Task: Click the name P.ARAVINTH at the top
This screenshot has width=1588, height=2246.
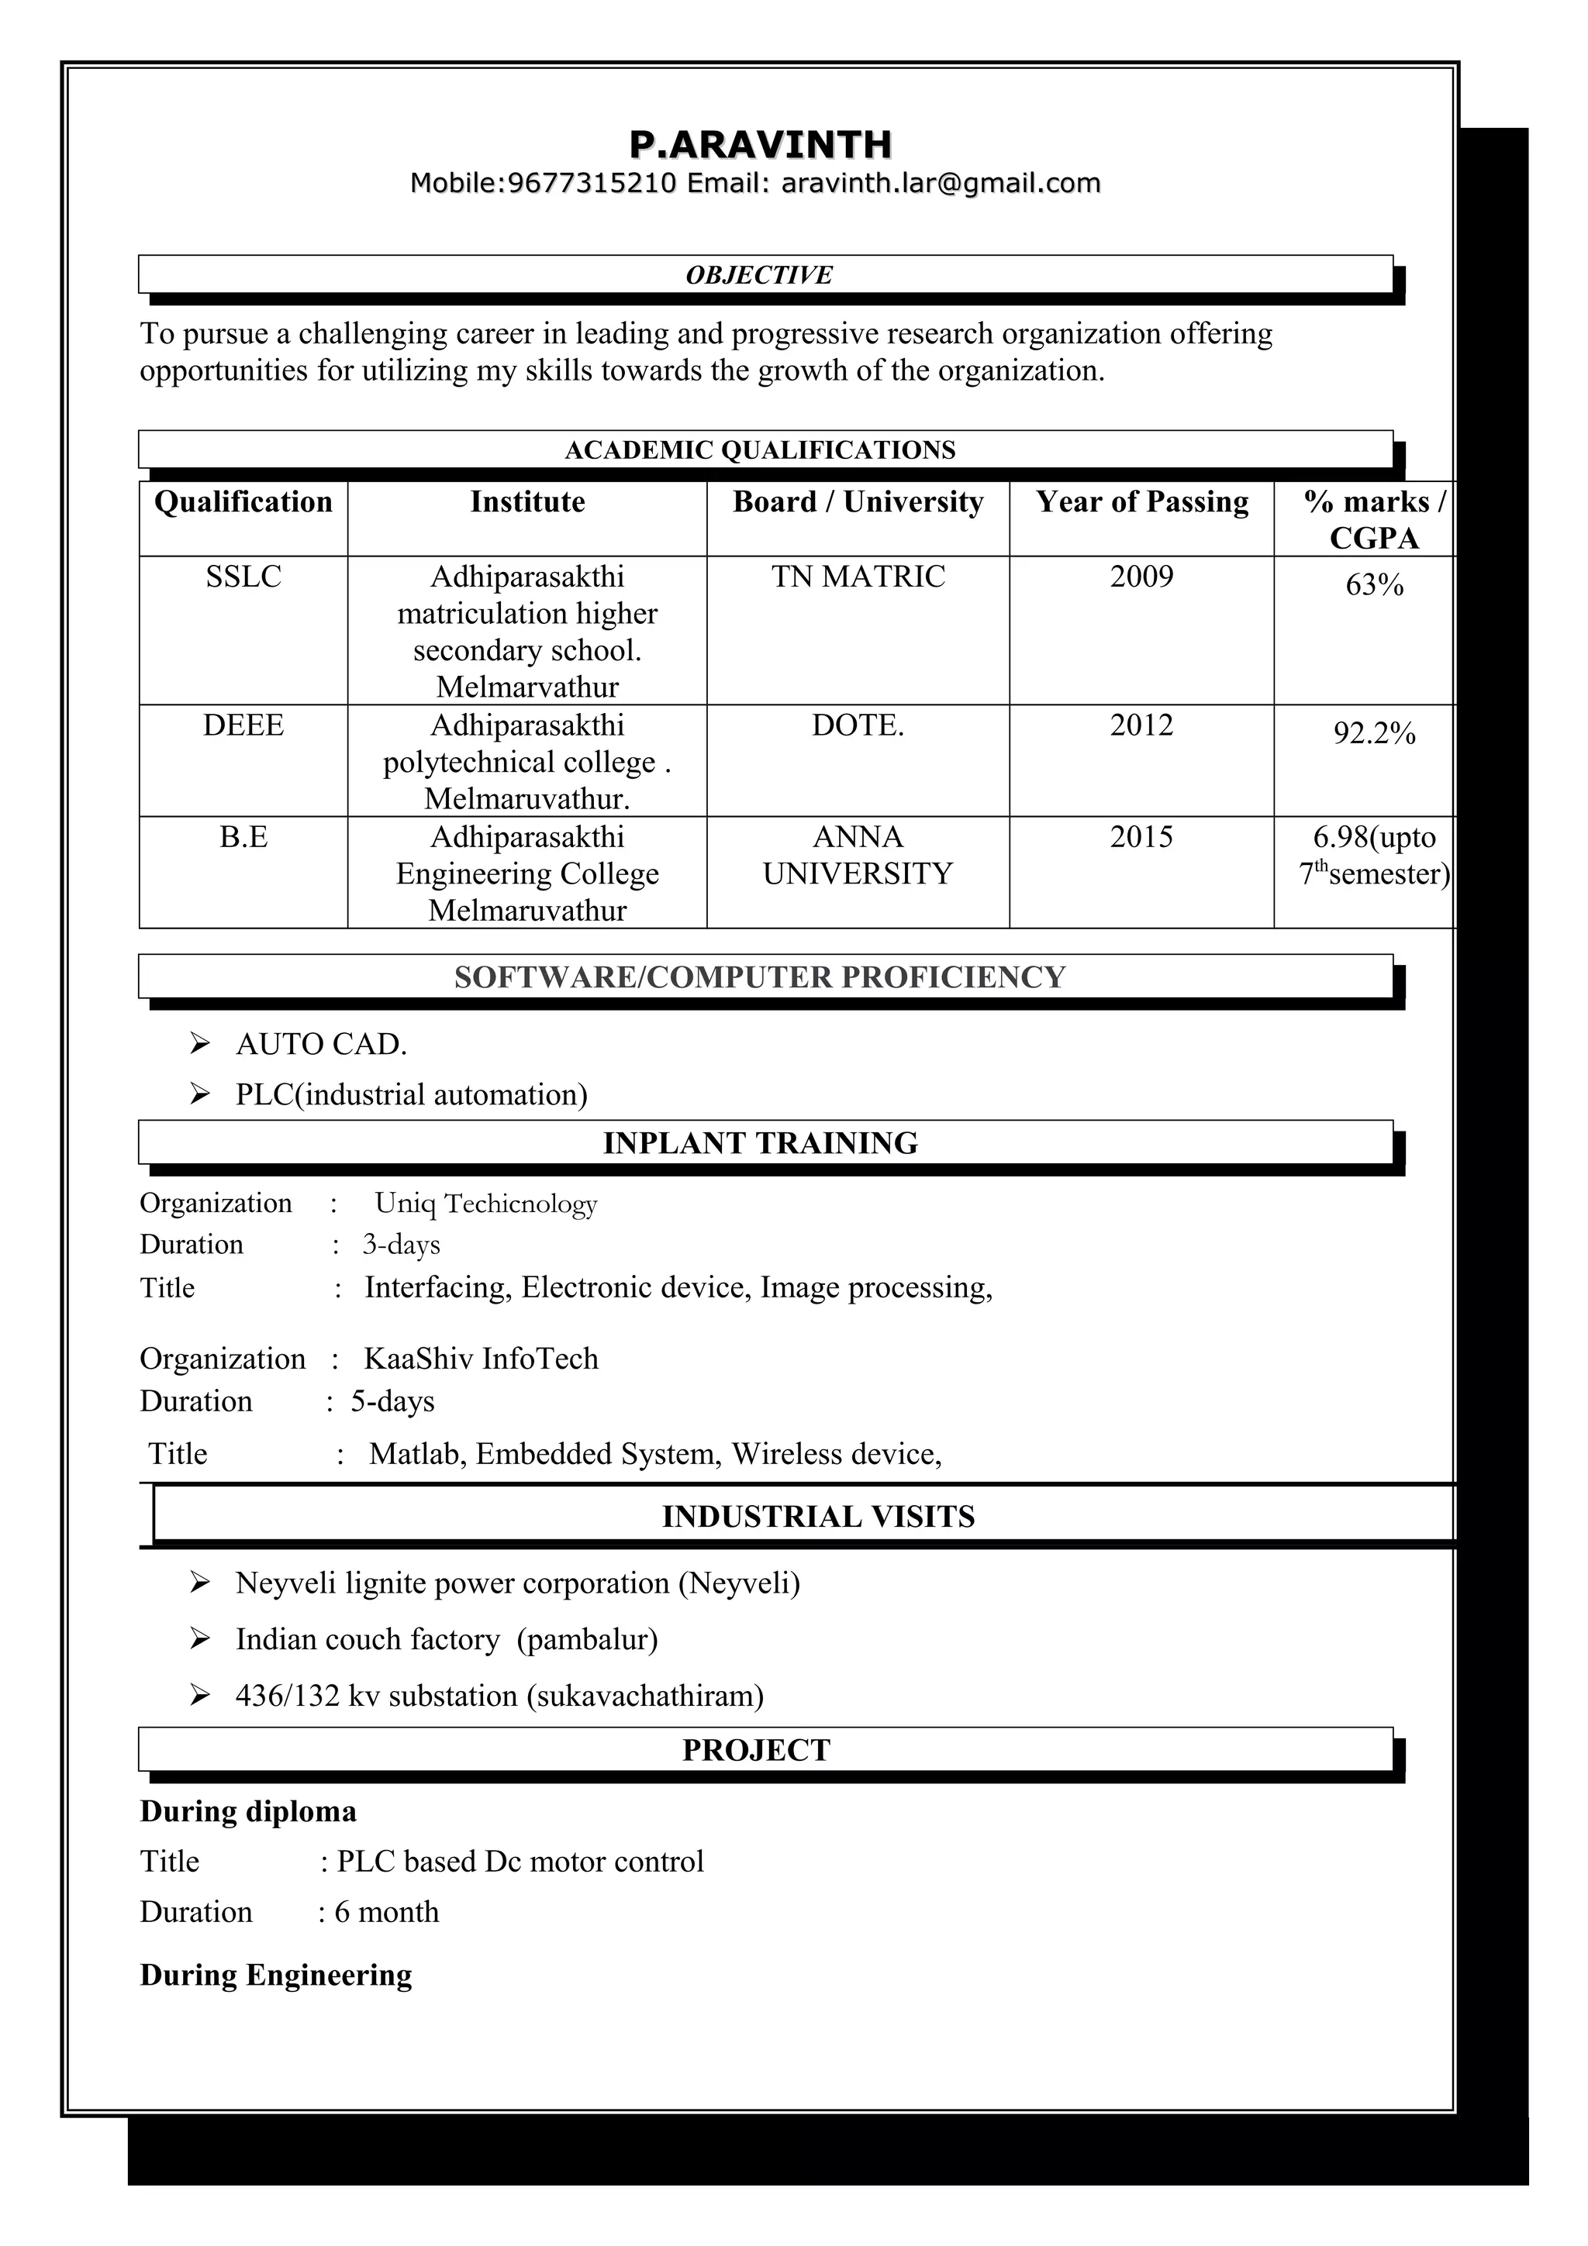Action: [760, 145]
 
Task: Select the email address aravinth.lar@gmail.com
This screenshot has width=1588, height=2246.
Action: [941, 183]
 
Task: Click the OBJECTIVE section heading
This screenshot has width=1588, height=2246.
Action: [758, 275]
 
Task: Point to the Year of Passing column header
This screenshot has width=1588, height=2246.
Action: [1142, 502]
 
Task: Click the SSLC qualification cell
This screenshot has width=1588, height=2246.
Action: [243, 577]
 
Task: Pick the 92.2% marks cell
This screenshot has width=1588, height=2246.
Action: [1374, 734]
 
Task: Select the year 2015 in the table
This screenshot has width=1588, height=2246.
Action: [1141, 837]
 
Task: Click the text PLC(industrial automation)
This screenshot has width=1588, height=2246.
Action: [411, 1094]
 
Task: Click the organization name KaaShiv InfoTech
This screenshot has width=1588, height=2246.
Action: [481, 1359]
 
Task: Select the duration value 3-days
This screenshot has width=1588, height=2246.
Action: [401, 1245]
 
